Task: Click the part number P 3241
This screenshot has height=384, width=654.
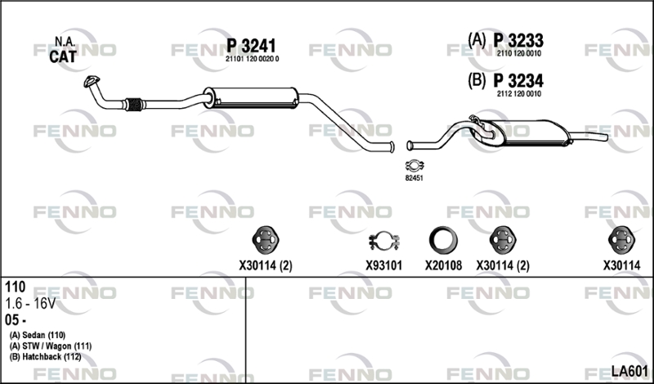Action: tap(253, 46)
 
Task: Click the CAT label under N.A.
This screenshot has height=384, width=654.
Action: tap(63, 56)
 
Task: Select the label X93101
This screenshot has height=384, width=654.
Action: tap(383, 265)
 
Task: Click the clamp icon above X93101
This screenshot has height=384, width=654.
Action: tap(383, 242)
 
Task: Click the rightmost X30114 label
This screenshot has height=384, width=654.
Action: tap(621, 265)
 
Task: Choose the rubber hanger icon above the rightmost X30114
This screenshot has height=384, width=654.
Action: tap(621, 239)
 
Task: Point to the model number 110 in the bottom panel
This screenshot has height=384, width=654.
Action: tap(15, 287)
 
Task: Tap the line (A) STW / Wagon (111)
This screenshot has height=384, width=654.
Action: tap(51, 346)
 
